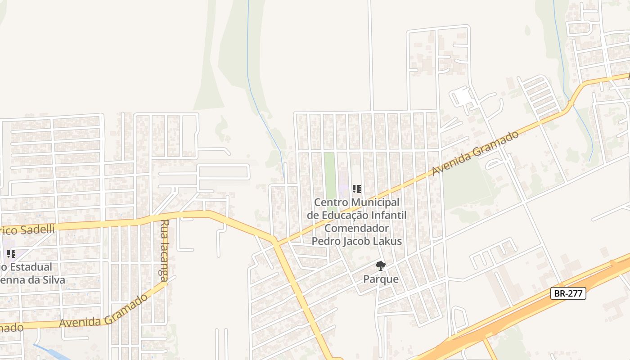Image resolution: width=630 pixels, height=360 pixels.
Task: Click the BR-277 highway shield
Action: pyautogui.click(x=568, y=294)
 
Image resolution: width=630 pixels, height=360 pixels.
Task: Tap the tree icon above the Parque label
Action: pyautogui.click(x=381, y=265)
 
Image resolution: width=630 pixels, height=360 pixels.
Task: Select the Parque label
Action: pyautogui.click(x=381, y=279)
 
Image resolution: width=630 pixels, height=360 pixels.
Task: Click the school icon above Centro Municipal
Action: pyautogui.click(x=357, y=189)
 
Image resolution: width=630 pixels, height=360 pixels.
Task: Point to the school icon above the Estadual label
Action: pyautogui.click(x=11, y=254)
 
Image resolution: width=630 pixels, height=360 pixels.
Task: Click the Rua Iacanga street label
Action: pyautogui.click(x=165, y=250)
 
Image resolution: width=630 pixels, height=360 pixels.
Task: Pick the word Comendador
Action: pyautogui.click(x=356, y=228)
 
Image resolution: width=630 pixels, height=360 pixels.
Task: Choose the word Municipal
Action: pyautogui.click(x=374, y=202)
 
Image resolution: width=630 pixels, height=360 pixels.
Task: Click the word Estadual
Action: pyautogui.click(x=31, y=267)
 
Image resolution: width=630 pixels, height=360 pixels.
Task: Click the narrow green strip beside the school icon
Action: pyautogui.click(x=330, y=175)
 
